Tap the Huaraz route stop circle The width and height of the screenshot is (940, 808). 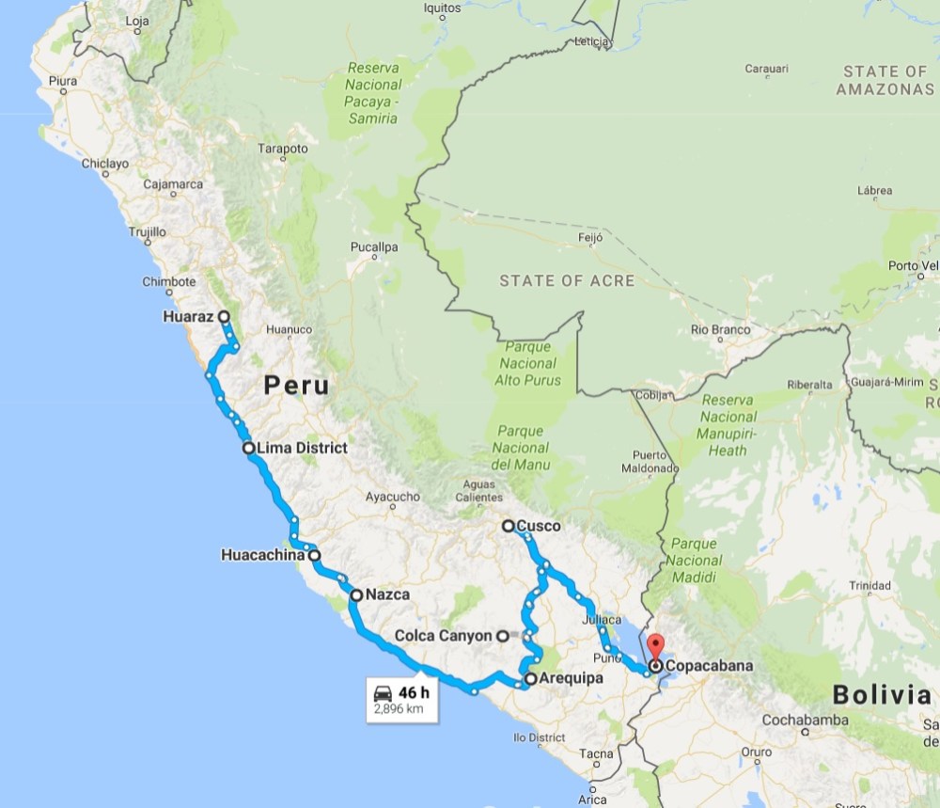click(x=225, y=317)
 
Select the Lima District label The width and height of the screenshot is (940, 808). click(x=301, y=448)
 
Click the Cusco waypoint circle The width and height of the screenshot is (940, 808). click(x=508, y=526)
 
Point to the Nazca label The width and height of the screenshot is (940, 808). click(x=387, y=594)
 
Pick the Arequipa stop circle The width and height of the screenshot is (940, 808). click(x=530, y=678)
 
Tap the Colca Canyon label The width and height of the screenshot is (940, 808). click(x=443, y=636)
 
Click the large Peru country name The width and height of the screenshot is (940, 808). click(x=296, y=385)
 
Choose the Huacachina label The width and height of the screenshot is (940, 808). click(x=263, y=555)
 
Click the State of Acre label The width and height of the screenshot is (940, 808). click(x=567, y=280)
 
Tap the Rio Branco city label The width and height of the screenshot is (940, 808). click(x=720, y=329)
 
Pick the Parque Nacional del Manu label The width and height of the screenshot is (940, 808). click(x=520, y=448)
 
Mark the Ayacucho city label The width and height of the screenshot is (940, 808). click(x=392, y=496)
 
